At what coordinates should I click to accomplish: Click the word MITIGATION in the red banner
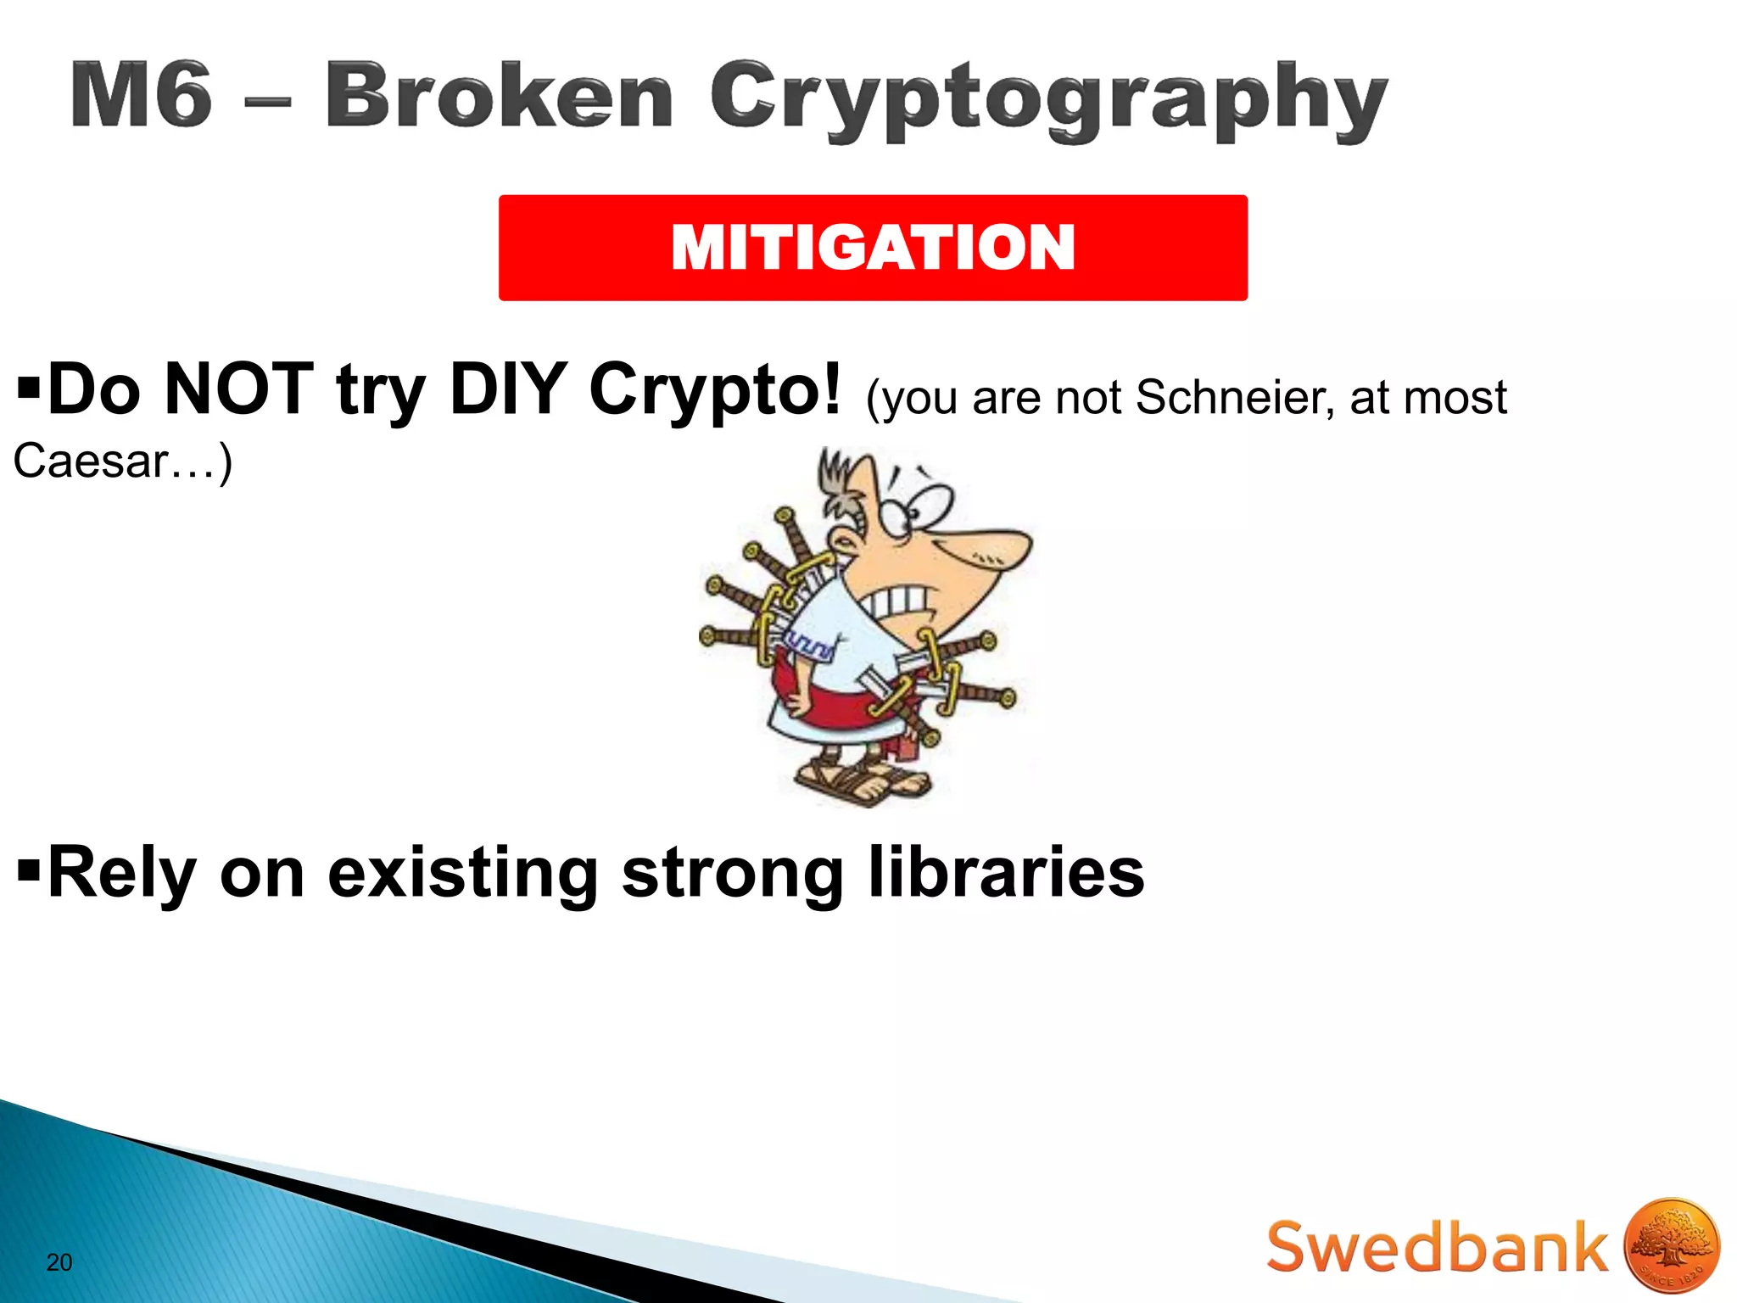pyautogui.click(x=873, y=248)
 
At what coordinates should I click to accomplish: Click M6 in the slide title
pyautogui.click(x=142, y=95)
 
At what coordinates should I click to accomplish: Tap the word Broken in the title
pyautogui.click(x=500, y=95)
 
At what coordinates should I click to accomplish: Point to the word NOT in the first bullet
pyautogui.click(x=239, y=389)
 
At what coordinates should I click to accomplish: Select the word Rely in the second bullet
pyautogui.click(x=122, y=874)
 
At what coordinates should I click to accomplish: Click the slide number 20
pyautogui.click(x=59, y=1262)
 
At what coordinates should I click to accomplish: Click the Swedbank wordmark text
pyautogui.click(x=1437, y=1247)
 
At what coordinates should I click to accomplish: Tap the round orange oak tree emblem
pyautogui.click(x=1671, y=1245)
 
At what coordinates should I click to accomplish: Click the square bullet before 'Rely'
pyautogui.click(x=29, y=871)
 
